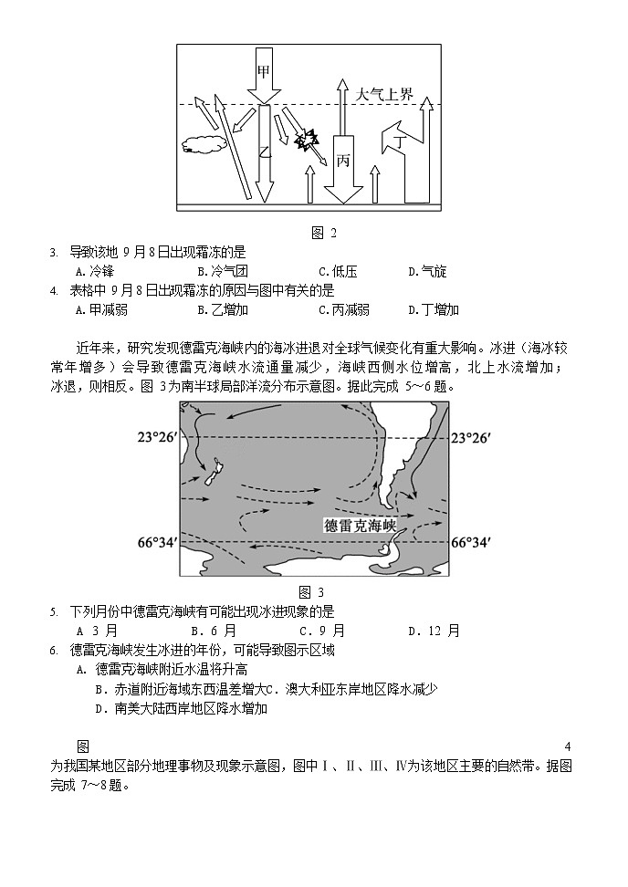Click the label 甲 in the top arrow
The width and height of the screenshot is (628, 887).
264,71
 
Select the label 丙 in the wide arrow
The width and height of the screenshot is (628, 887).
343,161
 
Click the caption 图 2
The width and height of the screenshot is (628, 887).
325,233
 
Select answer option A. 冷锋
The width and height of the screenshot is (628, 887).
94,271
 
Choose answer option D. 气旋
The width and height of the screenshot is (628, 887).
427,271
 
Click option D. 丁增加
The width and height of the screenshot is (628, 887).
434,309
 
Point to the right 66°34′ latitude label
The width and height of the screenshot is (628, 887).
474,542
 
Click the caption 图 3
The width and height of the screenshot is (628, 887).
311,592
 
